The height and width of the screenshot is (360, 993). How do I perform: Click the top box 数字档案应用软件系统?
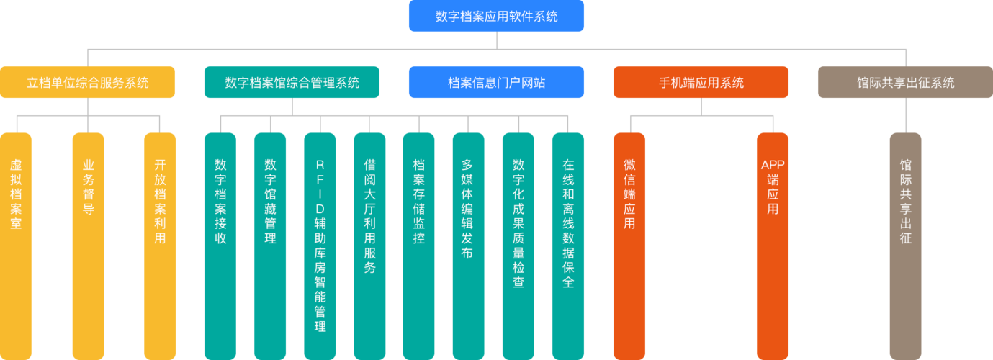(496, 16)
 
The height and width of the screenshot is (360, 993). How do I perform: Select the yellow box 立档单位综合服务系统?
(87, 82)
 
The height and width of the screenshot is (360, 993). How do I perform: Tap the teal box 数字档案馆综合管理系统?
(292, 82)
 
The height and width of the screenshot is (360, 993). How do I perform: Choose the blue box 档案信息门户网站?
(496, 82)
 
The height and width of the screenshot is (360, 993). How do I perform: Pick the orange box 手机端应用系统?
(701, 82)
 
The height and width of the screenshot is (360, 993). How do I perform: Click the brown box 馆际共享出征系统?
(905, 82)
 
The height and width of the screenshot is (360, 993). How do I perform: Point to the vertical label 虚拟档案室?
(16, 194)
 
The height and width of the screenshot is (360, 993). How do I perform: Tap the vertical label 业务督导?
(89, 186)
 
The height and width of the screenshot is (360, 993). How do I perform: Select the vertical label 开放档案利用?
(160, 202)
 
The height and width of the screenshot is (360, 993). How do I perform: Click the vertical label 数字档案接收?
(220, 202)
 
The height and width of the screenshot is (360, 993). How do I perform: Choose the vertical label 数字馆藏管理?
(270, 202)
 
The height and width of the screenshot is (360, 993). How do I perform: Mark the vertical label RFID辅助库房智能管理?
(320, 246)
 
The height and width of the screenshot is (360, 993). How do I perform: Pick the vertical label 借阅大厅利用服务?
(369, 216)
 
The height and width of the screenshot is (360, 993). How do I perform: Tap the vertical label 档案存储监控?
(419, 202)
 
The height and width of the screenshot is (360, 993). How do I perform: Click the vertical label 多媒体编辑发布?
(467, 209)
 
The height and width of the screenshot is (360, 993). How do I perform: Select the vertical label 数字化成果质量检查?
(518, 223)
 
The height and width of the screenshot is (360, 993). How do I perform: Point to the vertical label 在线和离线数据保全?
(568, 223)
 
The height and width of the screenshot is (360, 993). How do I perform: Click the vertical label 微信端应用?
(629, 194)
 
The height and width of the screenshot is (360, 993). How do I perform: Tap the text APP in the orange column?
(773, 165)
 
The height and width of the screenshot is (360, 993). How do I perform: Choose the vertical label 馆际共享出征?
(905, 202)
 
